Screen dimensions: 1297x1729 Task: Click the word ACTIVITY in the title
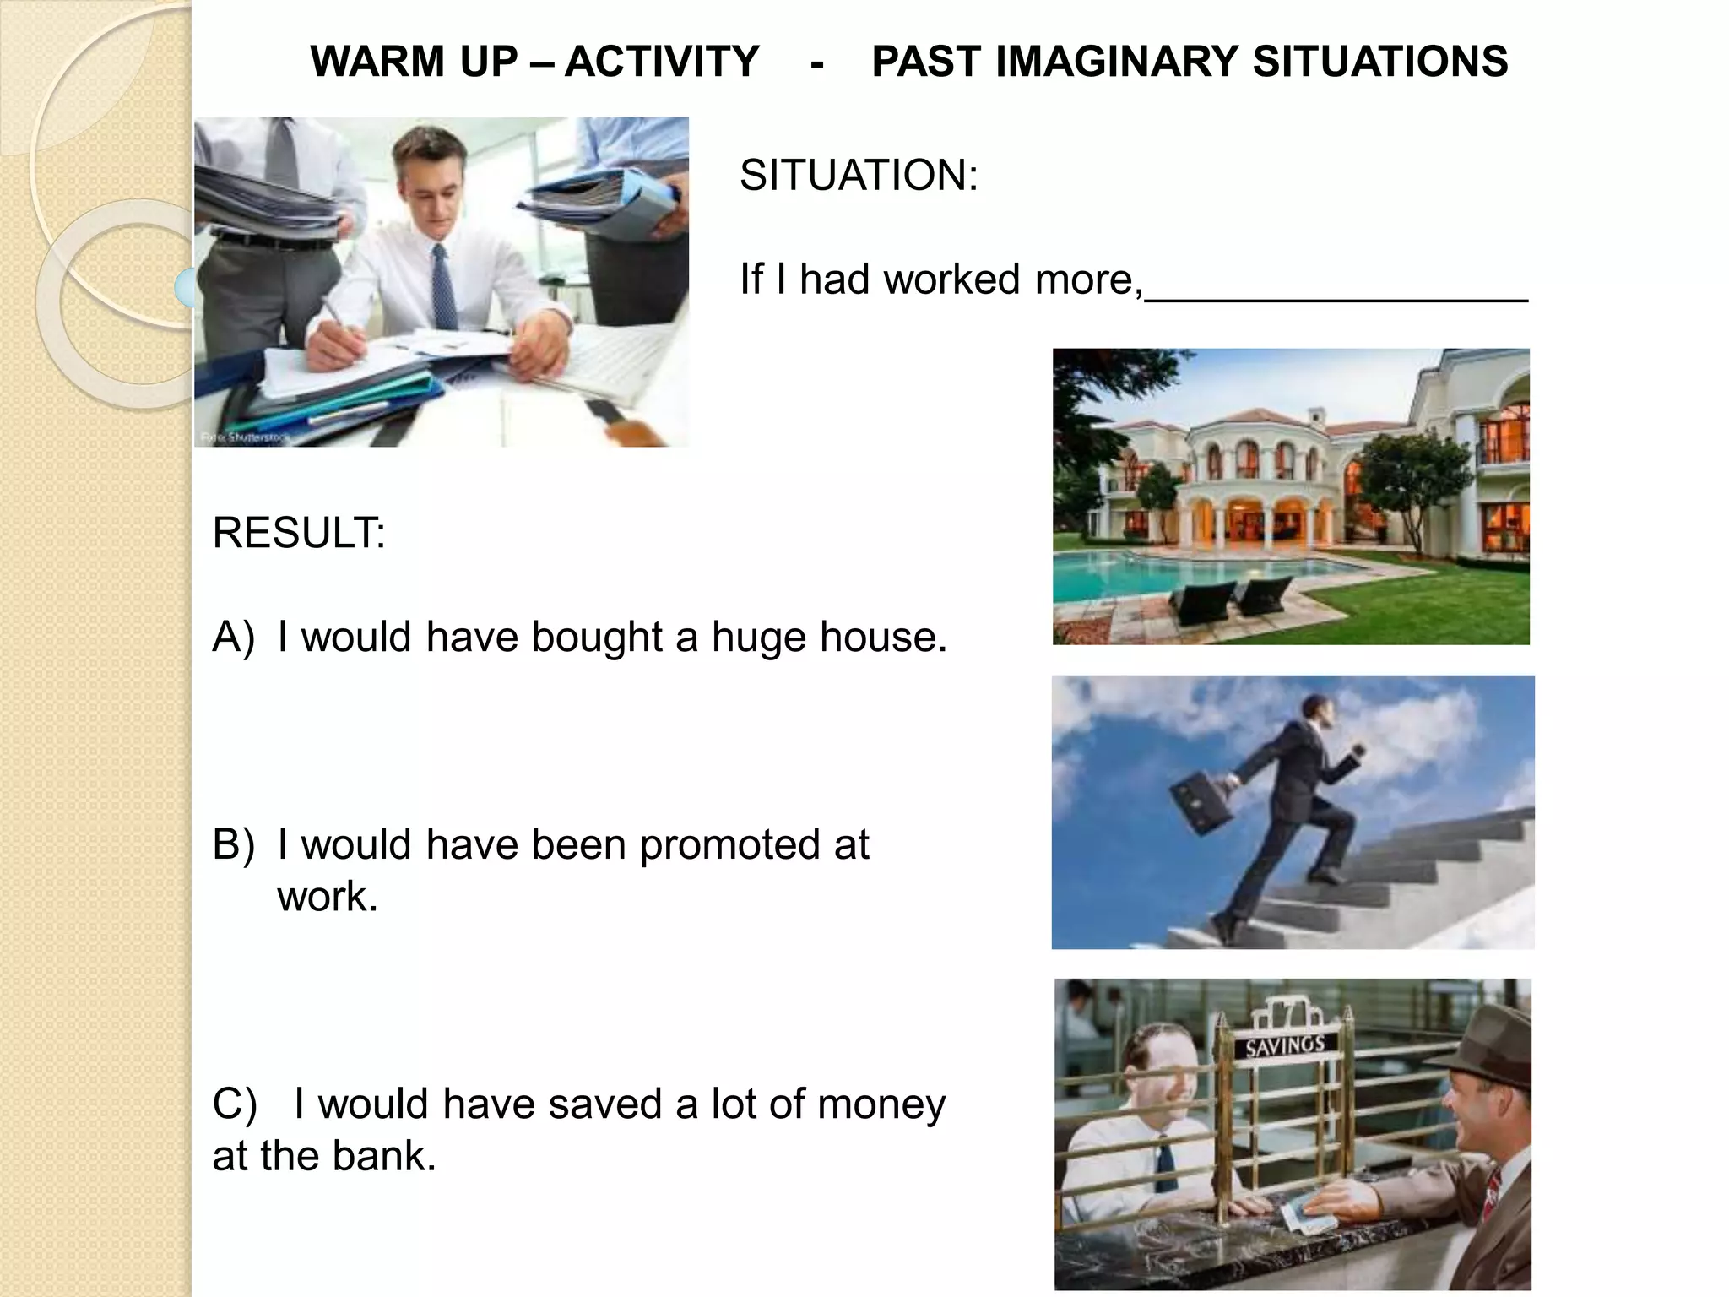[662, 62]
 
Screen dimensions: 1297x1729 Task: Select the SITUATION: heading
[859, 176]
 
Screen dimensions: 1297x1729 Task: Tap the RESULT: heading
[299, 533]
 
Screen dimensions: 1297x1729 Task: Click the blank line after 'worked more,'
[1336, 296]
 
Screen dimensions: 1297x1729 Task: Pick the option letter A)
[233, 637]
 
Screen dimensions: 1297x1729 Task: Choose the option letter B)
[233, 844]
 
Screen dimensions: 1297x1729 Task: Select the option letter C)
[234, 1104]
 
